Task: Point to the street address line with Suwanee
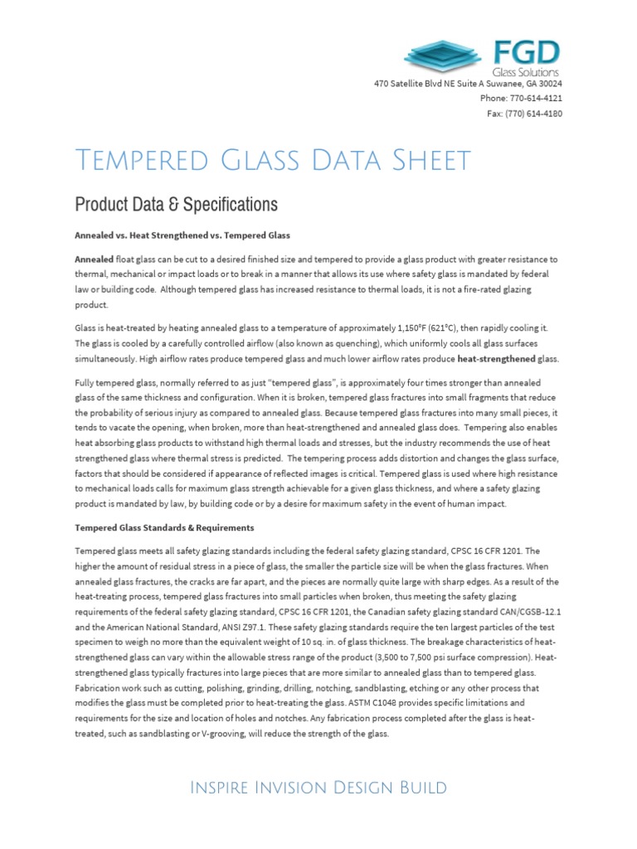468,84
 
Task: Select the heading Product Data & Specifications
176,204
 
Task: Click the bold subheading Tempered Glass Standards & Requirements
164,527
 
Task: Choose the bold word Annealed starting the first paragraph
94,260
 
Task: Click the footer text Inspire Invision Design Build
318,788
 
